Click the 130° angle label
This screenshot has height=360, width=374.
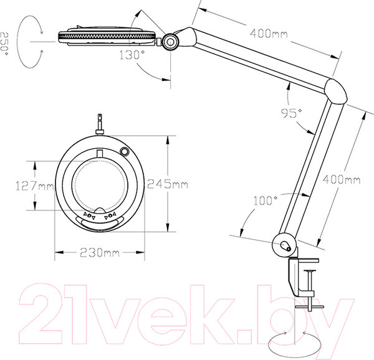[x=132, y=55]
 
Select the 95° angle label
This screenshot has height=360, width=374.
[x=292, y=113]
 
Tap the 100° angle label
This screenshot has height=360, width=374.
[x=266, y=201]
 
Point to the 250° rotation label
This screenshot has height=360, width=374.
[x=4, y=44]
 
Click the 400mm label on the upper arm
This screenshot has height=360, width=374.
[x=269, y=34]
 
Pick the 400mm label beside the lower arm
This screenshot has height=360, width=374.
[x=342, y=179]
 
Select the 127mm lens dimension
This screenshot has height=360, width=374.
[x=35, y=186]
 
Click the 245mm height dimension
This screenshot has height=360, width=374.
[x=168, y=184]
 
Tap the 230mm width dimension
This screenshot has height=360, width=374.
[x=100, y=252]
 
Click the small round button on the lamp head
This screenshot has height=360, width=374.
[x=124, y=151]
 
